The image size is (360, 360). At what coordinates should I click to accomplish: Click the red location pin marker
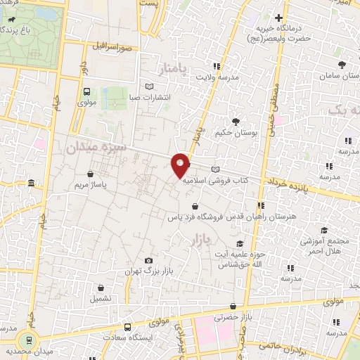[x=181, y=165]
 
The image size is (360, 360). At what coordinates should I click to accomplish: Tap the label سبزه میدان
[x=95, y=148]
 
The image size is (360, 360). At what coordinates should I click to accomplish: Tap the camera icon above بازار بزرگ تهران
[x=148, y=260]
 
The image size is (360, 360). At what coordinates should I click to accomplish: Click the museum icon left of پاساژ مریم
[x=31, y=184]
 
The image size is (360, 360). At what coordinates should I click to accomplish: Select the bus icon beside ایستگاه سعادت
[x=127, y=327]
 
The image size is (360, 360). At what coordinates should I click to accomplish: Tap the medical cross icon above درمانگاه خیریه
[x=279, y=18]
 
